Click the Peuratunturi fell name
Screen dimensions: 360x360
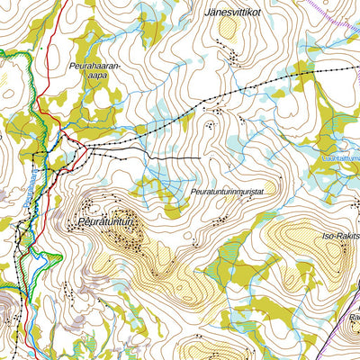click(x=105, y=220)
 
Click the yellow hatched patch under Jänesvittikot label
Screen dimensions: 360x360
click(x=229, y=29)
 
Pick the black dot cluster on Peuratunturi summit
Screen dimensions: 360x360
click(x=132, y=238)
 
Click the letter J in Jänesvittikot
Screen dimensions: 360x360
click(x=208, y=13)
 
